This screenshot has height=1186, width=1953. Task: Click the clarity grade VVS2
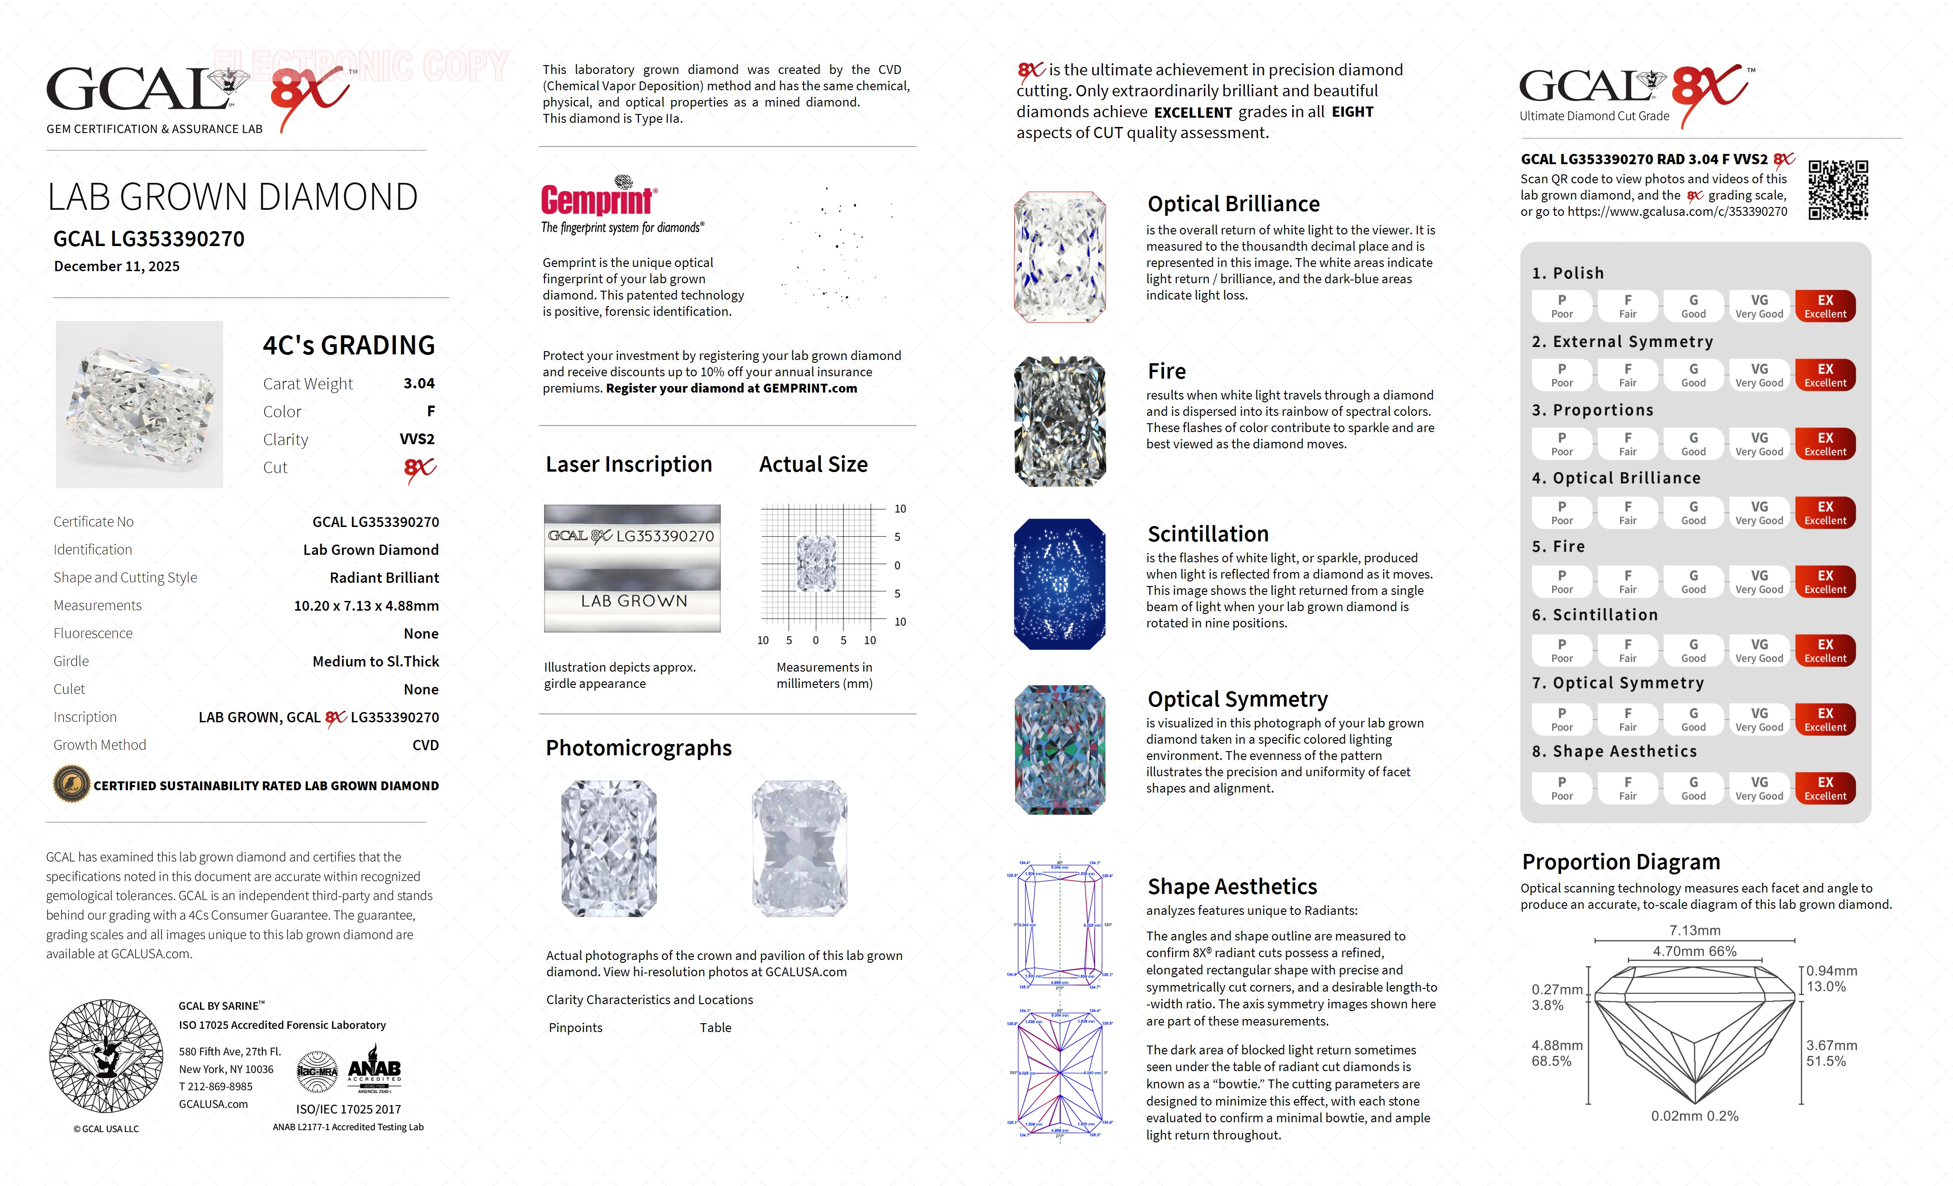(x=417, y=439)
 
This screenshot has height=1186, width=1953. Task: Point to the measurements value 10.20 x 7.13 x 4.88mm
(x=366, y=606)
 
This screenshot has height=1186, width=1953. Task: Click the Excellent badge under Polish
(x=1825, y=306)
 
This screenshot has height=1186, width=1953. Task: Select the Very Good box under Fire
(x=1759, y=582)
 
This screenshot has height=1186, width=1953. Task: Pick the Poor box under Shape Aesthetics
(x=1561, y=788)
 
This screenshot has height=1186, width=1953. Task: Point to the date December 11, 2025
(x=117, y=267)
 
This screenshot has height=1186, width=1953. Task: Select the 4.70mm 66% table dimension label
(x=1694, y=951)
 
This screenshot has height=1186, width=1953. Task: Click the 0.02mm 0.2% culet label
(x=1694, y=1116)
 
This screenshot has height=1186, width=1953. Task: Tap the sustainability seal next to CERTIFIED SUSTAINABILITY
(x=71, y=785)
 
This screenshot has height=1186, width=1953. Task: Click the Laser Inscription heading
(x=629, y=465)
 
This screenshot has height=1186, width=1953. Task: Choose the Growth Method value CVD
(x=425, y=745)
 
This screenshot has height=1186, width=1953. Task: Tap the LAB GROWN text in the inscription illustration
(x=633, y=601)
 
